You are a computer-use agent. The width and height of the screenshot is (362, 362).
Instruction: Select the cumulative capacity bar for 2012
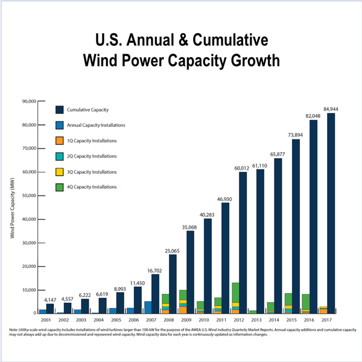[x=243, y=241]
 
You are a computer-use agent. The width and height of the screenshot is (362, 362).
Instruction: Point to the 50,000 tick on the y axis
[x=29, y=195]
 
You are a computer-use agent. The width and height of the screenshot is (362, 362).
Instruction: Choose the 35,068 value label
[x=190, y=227]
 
